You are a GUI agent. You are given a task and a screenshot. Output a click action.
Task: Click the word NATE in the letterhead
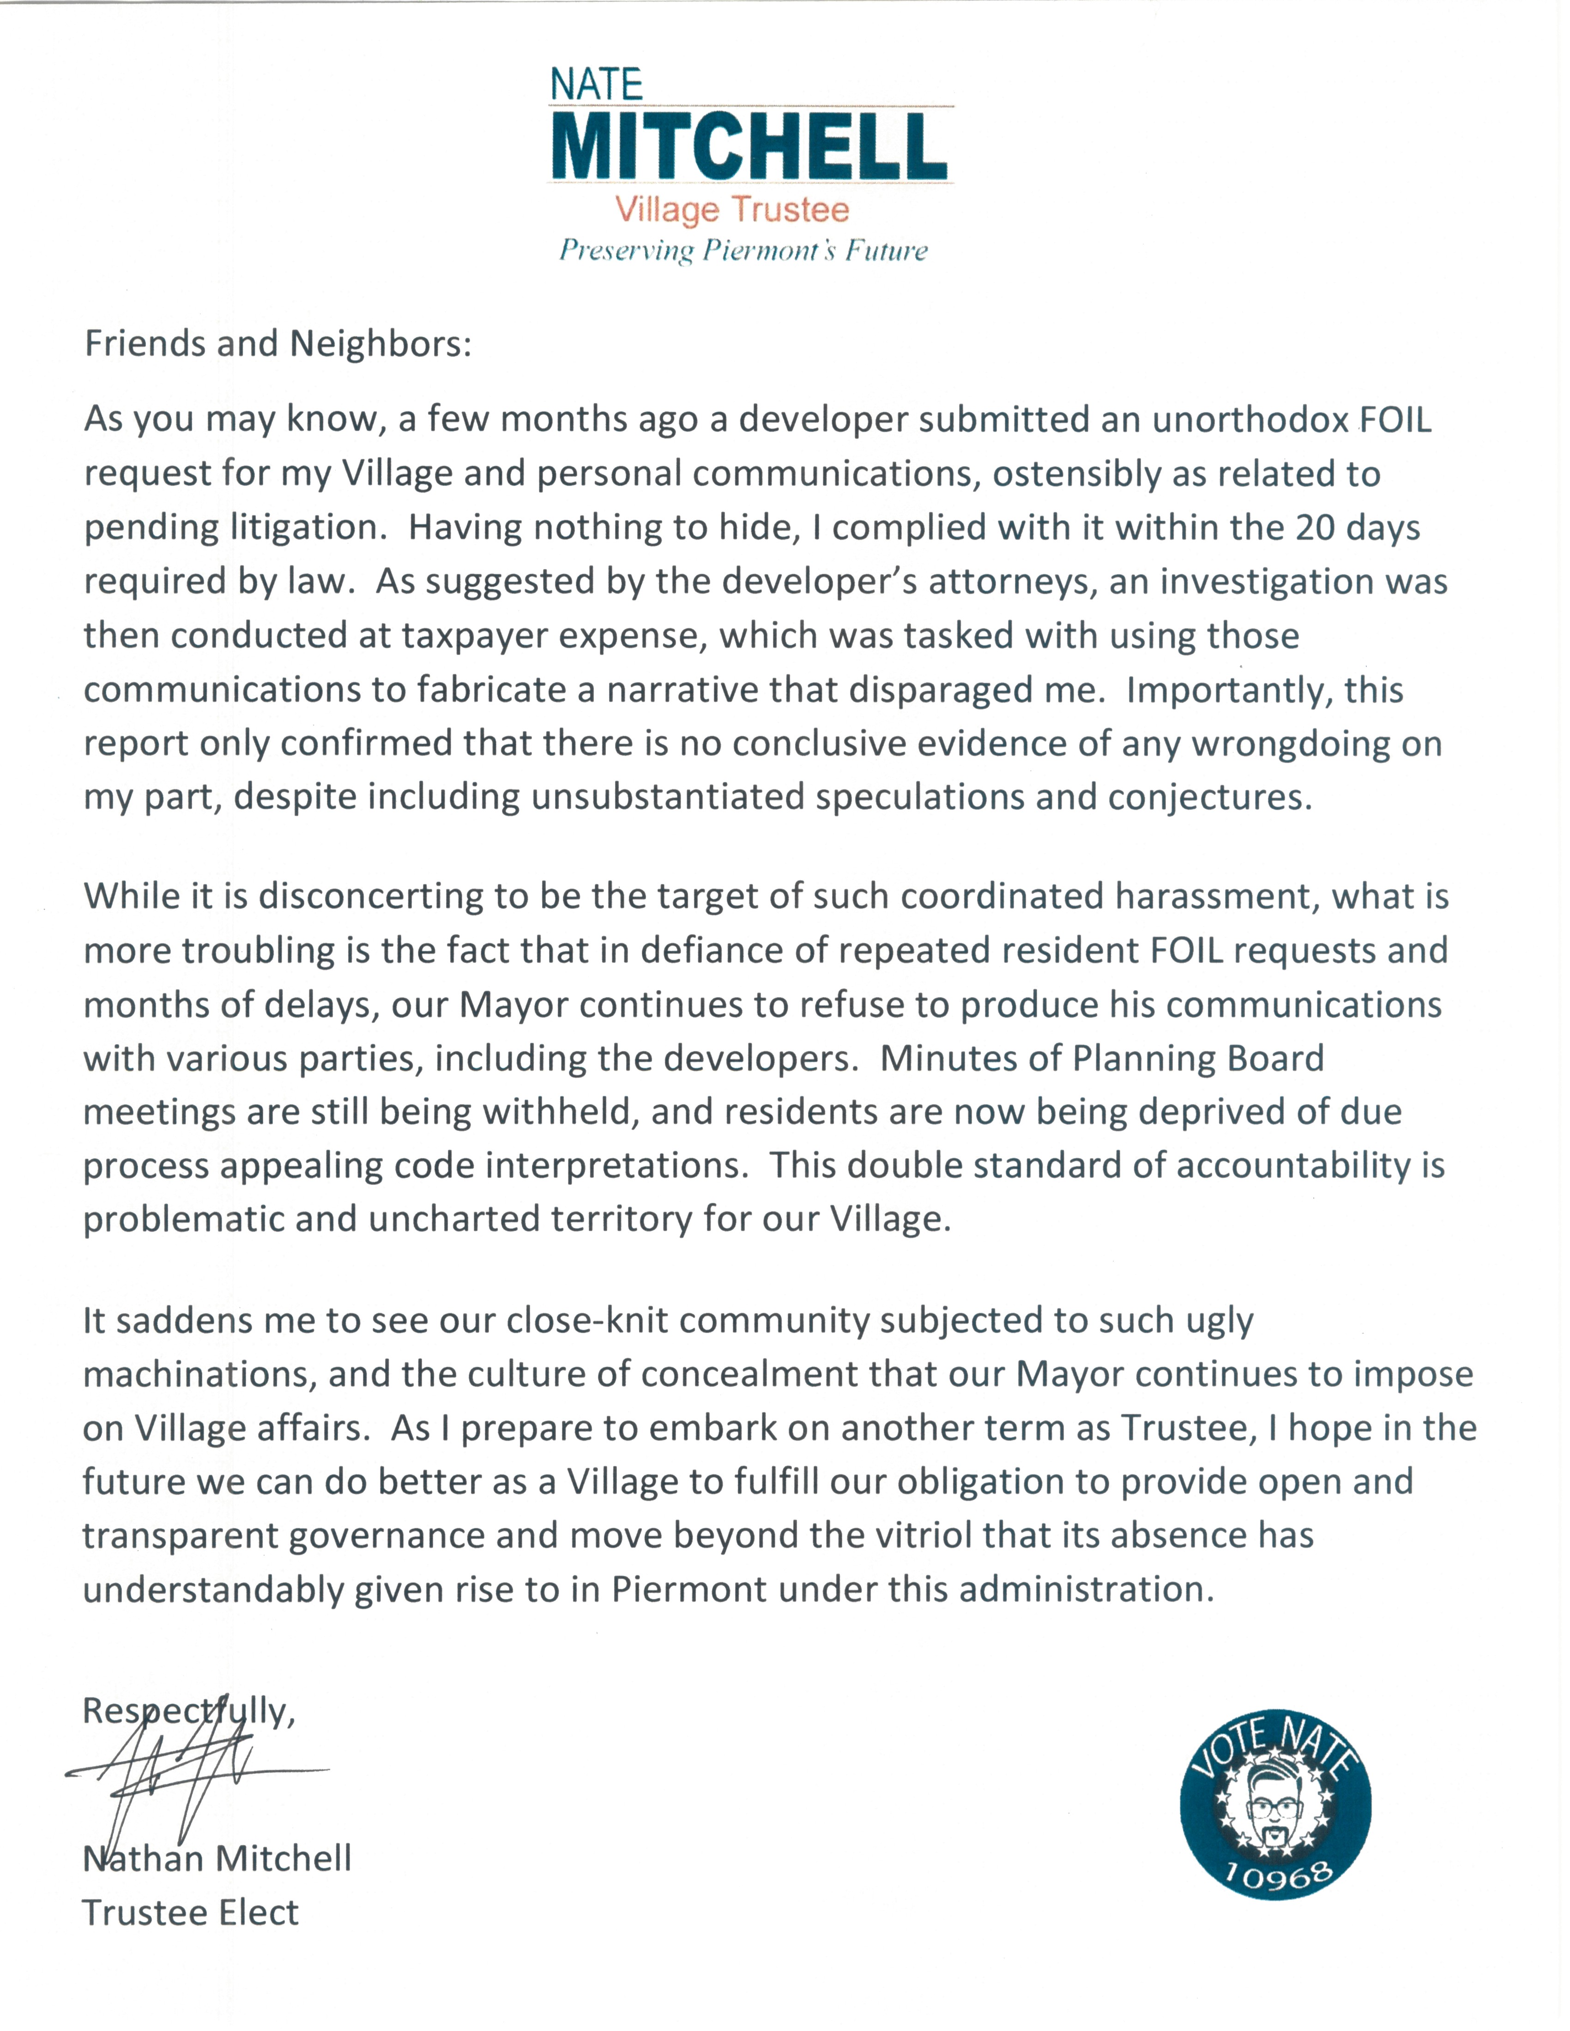596,84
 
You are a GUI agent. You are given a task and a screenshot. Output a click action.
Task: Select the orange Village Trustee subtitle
732,209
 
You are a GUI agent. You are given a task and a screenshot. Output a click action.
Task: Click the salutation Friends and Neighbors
278,344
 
